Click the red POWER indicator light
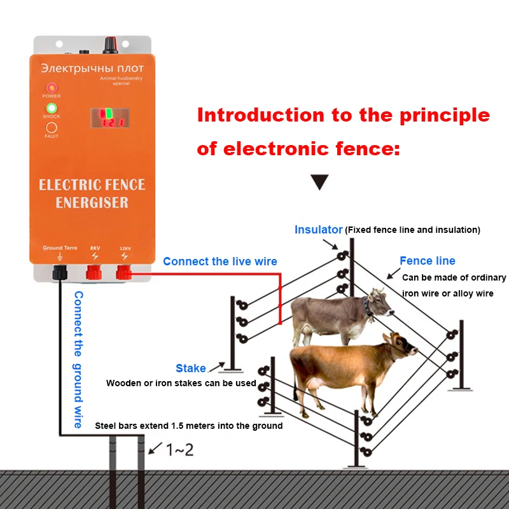52,88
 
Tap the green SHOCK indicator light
52,108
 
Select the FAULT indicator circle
52,127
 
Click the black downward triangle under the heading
319,183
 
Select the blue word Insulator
318,230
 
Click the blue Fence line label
427,261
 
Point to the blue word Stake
191,368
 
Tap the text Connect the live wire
220,261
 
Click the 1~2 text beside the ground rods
180,450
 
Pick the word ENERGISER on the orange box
92,203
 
